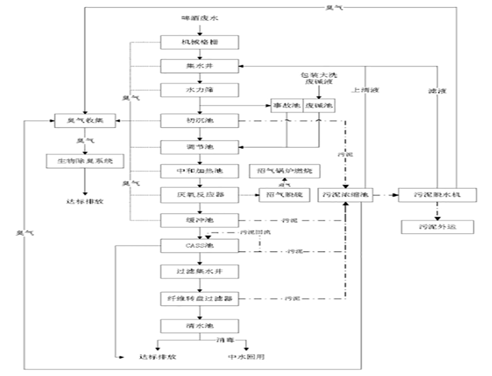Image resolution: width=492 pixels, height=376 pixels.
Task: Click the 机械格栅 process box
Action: pyautogui.click(x=200, y=42)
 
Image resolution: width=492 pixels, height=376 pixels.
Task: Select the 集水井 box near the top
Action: pyautogui.click(x=200, y=66)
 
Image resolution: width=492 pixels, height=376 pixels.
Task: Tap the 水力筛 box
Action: pyautogui.click(x=200, y=89)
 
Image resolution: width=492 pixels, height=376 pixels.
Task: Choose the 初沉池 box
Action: pyautogui.click(x=200, y=120)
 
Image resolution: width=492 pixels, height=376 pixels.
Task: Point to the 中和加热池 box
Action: pyautogui.click(x=200, y=171)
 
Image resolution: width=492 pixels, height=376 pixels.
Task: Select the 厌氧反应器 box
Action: pyautogui.click(x=200, y=194)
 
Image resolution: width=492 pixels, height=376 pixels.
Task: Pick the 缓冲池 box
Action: pyautogui.click(x=200, y=220)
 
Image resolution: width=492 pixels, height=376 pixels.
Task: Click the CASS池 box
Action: pyautogui.click(x=200, y=245)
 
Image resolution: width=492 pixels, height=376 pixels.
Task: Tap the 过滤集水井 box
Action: pyautogui.click(x=200, y=271)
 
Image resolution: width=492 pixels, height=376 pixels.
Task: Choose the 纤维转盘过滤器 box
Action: pyautogui.click(x=200, y=298)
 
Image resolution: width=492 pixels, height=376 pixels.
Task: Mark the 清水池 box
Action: pyautogui.click(x=200, y=326)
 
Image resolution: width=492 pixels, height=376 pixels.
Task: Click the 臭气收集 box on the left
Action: pyautogui.click(x=85, y=120)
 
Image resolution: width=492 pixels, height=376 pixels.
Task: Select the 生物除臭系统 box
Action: pyautogui.click(x=85, y=162)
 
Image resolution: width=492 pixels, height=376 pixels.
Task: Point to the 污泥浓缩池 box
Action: pyautogui.click(x=345, y=194)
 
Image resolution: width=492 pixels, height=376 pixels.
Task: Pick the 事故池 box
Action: pyautogui.click(x=286, y=105)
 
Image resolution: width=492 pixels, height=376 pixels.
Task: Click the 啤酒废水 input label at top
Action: pyautogui.click(x=200, y=19)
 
